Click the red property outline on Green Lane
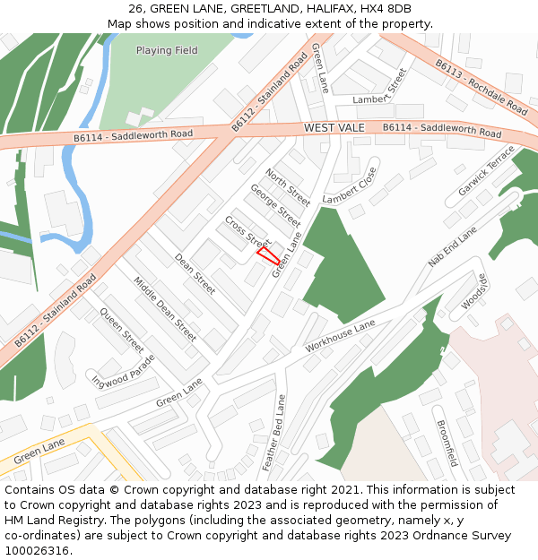click(268, 254)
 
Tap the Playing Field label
click(167, 51)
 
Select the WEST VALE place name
click(334, 128)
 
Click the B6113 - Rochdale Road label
click(482, 86)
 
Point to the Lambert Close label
click(351, 185)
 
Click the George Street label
click(274, 206)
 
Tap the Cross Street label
click(247, 232)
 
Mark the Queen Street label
click(122, 331)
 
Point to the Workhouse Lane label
click(340, 335)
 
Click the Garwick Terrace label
click(487, 170)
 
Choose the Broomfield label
click(447, 443)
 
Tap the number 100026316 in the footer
click(37, 550)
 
